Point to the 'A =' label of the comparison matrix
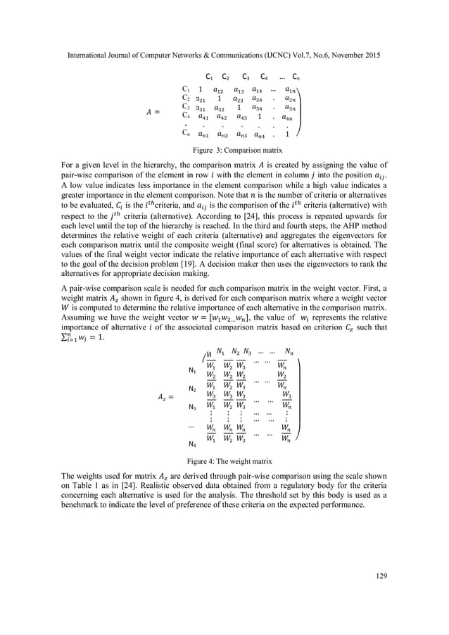pyautogui.click(x=153, y=111)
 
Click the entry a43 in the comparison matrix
pyautogui.click(x=240, y=117)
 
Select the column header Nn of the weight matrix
pyautogui.click(x=289, y=351)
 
